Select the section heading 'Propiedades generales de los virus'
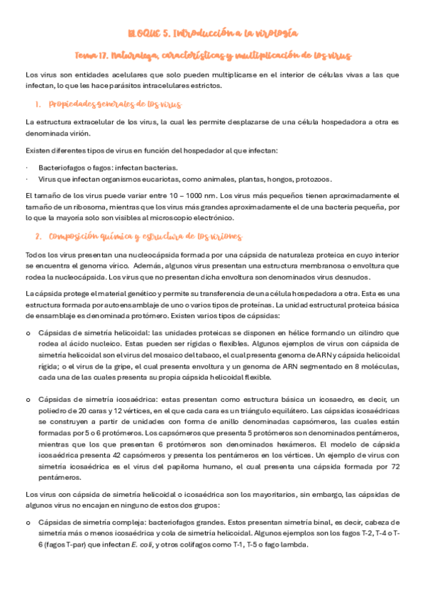[x=110, y=105]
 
